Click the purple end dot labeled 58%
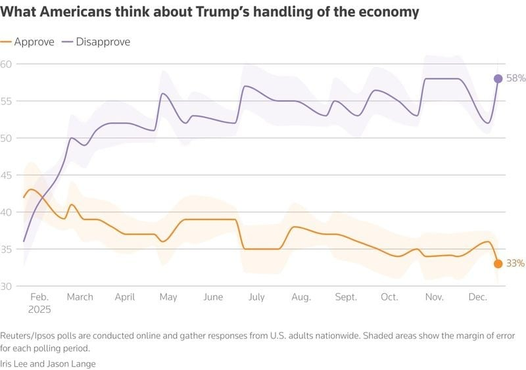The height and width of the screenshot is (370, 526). [498, 79]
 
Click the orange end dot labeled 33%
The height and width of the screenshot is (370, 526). [498, 264]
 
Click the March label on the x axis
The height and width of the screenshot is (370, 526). [80, 297]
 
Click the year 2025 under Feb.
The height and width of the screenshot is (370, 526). [39, 309]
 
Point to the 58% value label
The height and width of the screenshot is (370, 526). [516, 78]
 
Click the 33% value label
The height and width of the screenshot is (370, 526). [516, 264]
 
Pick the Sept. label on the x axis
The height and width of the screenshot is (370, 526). [346, 297]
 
